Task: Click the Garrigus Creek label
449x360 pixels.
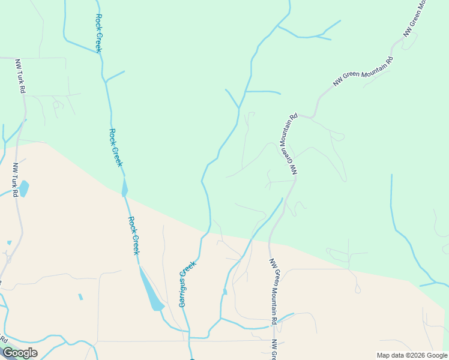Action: click(187, 284)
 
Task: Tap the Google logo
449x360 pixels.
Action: click(20, 353)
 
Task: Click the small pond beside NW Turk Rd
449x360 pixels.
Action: click(23, 188)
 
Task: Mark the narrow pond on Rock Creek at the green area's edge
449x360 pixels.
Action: click(124, 187)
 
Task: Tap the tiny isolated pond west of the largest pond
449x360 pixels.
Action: click(80, 296)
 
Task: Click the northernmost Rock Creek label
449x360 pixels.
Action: click(98, 34)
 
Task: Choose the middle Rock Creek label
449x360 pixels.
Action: click(116, 148)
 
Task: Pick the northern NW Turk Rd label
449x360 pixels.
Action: click(20, 76)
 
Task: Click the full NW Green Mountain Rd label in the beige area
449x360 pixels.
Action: click(274, 292)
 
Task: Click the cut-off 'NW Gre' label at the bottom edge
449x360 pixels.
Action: click(274, 350)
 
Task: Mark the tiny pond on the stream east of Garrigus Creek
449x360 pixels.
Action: click(224, 292)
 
